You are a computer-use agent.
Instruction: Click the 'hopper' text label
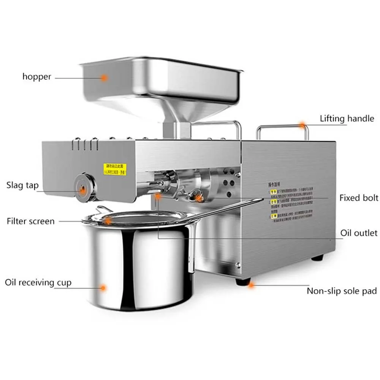tap(36, 76)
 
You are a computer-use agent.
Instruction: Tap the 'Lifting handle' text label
tap(347, 119)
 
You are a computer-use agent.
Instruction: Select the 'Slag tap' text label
tap(22, 185)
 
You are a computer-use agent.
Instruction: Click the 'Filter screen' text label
tap(30, 221)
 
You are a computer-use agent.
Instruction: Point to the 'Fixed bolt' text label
tap(359, 198)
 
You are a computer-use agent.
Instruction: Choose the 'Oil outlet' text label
tap(359, 233)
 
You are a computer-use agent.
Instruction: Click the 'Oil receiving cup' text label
tap(38, 282)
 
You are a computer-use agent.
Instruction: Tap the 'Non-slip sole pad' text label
tap(342, 291)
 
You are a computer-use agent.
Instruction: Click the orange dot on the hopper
tap(104, 78)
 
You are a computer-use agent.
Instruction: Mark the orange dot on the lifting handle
tap(302, 125)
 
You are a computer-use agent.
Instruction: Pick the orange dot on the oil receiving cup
tap(103, 288)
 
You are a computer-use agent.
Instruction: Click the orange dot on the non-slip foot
tap(251, 284)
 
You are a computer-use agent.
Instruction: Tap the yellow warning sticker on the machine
tap(115, 169)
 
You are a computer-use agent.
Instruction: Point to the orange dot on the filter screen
tap(108, 220)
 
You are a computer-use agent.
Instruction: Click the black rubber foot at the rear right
tap(317, 258)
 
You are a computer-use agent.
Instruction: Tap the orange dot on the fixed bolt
tap(198, 198)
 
